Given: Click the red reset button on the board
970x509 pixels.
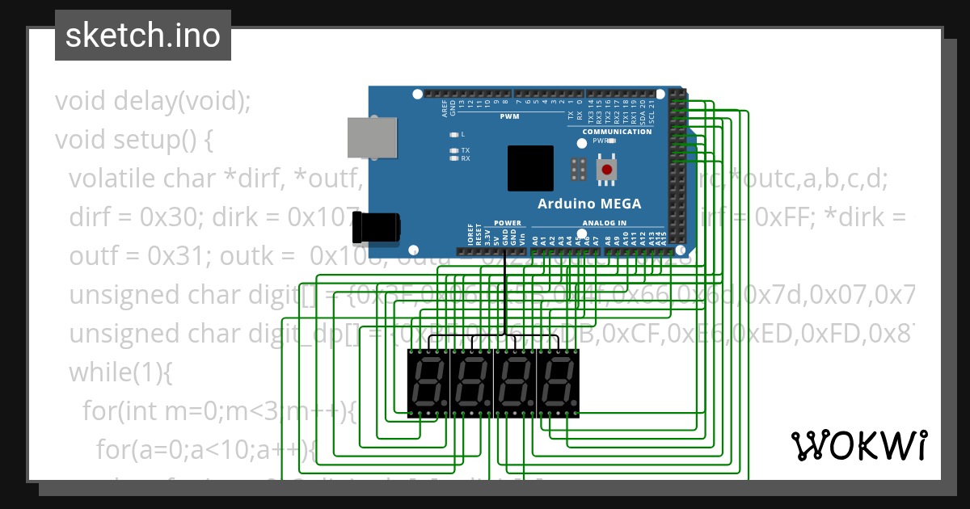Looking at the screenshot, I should (606, 170).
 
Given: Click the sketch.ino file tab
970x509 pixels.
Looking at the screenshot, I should (143, 36).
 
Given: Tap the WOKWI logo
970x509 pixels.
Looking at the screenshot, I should (858, 445).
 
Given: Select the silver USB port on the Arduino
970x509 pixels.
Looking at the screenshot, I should (373, 137).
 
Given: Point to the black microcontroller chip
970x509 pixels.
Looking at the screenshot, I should (530, 168).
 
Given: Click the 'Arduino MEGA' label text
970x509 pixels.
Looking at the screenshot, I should (589, 204).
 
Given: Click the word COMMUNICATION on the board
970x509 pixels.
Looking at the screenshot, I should (617, 132).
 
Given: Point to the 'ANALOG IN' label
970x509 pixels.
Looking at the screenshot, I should (604, 223).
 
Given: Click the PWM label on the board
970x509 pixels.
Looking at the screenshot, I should (509, 117).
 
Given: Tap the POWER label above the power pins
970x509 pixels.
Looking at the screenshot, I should (508, 223).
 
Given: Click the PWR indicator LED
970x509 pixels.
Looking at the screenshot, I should (612, 141).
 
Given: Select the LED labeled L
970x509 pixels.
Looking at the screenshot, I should (454, 134).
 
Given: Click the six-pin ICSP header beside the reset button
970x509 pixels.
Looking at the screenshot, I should (577, 170).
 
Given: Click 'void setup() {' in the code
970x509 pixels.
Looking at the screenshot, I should (133, 140).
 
